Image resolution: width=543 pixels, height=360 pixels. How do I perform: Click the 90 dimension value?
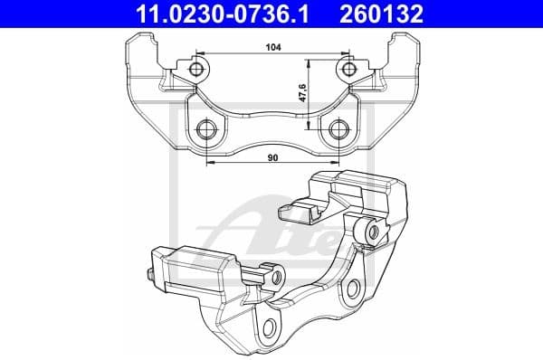(x=271, y=158)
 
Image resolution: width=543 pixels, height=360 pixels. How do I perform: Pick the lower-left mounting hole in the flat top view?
(x=206, y=129)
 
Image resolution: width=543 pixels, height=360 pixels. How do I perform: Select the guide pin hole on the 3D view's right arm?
(x=370, y=232)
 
